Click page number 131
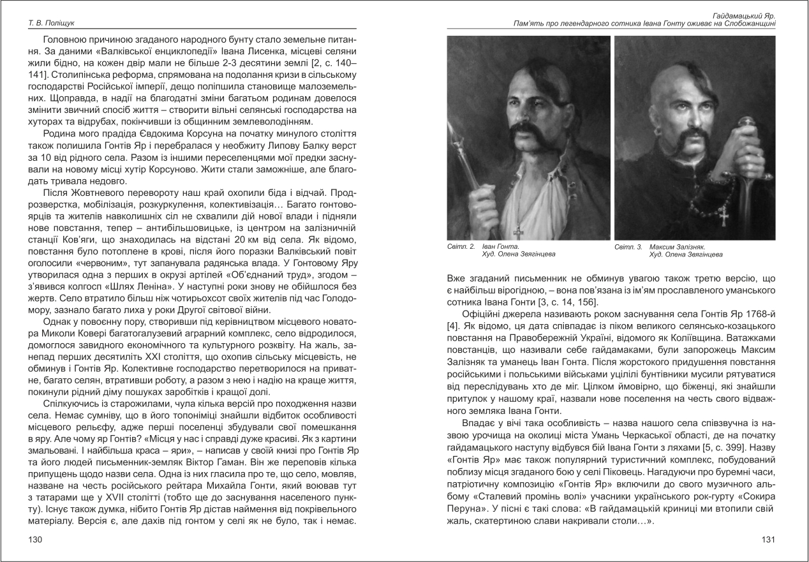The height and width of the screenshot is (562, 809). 768,540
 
